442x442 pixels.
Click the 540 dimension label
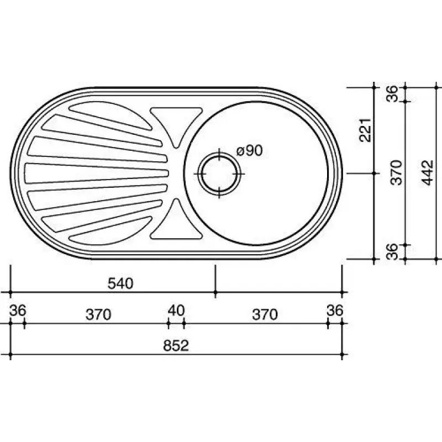[120, 283]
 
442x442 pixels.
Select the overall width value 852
[176, 345]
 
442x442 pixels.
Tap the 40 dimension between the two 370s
[176, 311]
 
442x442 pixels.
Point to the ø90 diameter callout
[250, 150]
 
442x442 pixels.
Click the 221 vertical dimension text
[366, 130]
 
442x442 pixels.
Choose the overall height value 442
[428, 172]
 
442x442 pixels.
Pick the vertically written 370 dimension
[397, 172]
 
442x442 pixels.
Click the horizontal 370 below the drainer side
[98, 314]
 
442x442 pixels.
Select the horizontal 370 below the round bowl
[265, 314]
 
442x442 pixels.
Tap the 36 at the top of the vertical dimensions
[392, 93]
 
